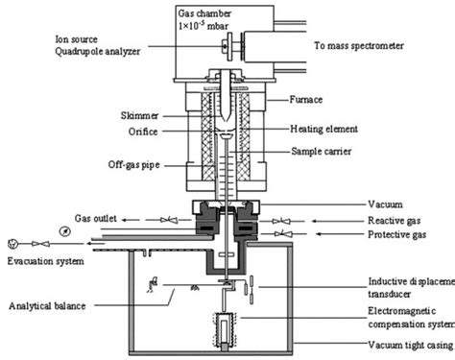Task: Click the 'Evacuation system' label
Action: click(48, 259)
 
